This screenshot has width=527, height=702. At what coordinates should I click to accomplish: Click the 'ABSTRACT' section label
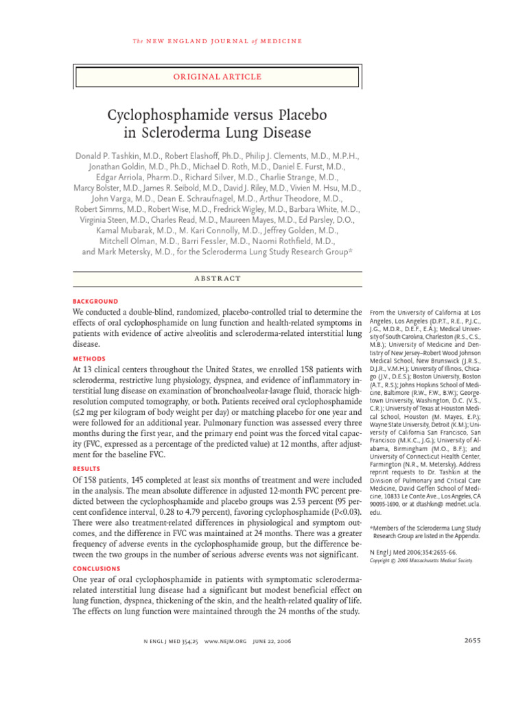click(217, 278)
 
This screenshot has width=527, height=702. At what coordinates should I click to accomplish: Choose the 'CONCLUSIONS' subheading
click(97, 569)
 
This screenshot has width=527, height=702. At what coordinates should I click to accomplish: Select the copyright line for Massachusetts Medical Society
click(421, 560)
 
